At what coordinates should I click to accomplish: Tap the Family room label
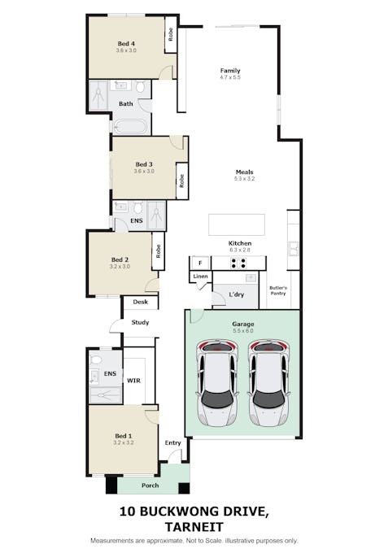(x=230, y=71)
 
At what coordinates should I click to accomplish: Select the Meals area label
(x=245, y=172)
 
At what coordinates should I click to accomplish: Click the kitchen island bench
(x=236, y=224)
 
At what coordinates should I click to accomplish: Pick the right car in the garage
(x=269, y=385)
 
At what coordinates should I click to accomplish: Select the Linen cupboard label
(x=200, y=277)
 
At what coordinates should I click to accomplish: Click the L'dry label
(x=237, y=294)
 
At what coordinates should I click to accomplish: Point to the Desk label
(x=140, y=302)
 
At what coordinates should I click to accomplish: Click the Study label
(x=140, y=322)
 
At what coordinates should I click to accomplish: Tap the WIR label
(x=134, y=379)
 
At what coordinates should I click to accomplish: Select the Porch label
(x=150, y=486)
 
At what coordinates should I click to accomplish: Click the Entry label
(x=172, y=442)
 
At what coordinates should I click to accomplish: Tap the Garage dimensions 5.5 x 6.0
(x=243, y=331)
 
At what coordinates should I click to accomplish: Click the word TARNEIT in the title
(x=194, y=525)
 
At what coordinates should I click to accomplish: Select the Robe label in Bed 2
(x=159, y=251)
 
